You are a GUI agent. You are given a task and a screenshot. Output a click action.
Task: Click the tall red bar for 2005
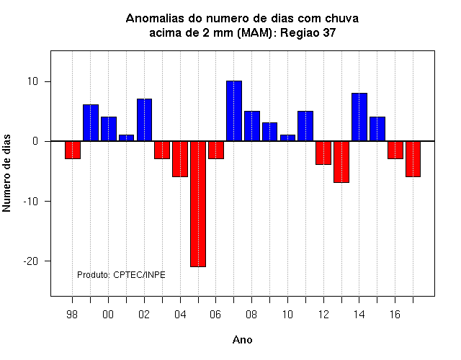(198, 204)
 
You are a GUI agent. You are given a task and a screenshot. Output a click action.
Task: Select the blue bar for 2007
(234, 111)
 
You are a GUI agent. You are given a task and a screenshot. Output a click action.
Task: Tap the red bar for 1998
(73, 150)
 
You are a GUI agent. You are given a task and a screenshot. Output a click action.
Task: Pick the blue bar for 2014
(359, 117)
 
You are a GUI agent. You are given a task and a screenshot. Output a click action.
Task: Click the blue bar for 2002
(144, 120)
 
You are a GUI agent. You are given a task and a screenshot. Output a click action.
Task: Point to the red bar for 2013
(341, 162)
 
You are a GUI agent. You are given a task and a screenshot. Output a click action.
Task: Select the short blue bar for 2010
(287, 138)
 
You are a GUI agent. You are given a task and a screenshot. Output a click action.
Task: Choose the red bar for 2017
(413, 159)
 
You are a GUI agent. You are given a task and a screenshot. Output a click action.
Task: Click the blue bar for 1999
(91, 123)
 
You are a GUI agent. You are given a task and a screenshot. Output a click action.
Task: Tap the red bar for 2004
(180, 159)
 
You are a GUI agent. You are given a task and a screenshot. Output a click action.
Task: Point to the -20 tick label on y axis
(31, 261)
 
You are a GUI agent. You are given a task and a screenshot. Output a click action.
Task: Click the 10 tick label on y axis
(33, 81)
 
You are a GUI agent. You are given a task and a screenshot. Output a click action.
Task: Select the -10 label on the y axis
(31, 202)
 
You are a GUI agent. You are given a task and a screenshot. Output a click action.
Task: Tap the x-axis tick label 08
(251, 315)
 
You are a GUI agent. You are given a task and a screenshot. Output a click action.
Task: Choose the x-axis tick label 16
(395, 315)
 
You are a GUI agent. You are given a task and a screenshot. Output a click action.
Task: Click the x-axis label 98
(72, 315)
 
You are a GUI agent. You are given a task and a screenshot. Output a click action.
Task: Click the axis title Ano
(242, 340)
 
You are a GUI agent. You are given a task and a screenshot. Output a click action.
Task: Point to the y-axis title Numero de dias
(6, 174)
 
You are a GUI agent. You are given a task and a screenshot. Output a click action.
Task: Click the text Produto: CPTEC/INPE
(121, 275)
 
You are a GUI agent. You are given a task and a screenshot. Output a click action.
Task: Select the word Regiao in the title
(300, 33)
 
